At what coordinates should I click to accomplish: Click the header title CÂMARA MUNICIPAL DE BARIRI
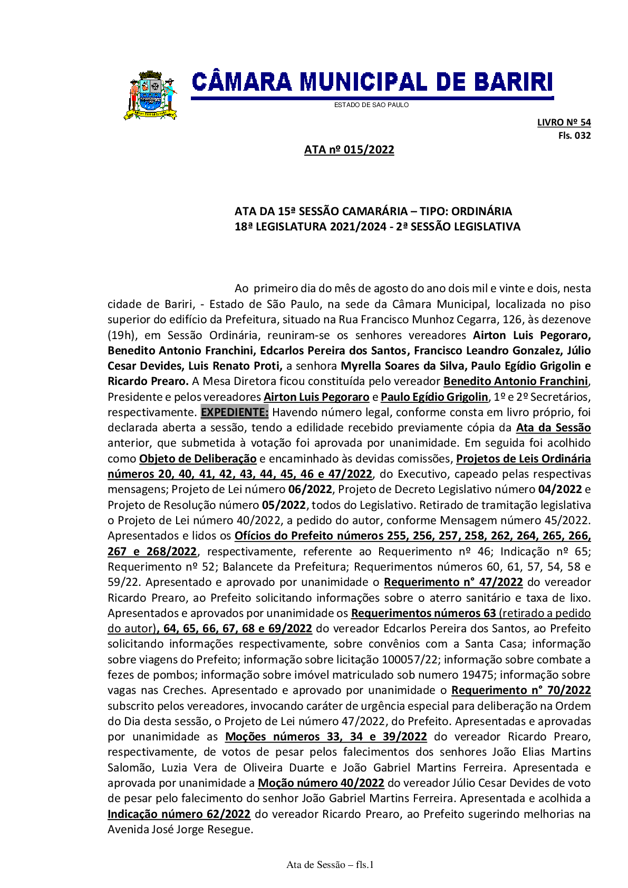click(x=372, y=83)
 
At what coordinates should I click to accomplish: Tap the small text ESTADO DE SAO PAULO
click(x=371, y=105)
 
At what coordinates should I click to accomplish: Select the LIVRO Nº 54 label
click(x=564, y=122)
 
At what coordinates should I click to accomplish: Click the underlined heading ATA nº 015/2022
click(x=349, y=150)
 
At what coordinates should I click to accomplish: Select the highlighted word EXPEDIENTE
click(x=235, y=412)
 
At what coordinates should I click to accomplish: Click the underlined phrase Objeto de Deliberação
click(x=198, y=458)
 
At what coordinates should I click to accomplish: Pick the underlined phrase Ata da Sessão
click(x=553, y=427)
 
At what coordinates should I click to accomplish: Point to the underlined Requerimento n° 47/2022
click(x=453, y=582)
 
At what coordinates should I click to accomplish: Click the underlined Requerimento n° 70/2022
click(x=521, y=690)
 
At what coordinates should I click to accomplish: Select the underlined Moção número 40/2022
click(x=321, y=783)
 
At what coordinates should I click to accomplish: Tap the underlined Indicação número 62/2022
click(x=179, y=814)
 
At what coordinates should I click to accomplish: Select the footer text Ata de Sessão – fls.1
click(x=330, y=864)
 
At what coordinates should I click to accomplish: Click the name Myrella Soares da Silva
click(x=403, y=365)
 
